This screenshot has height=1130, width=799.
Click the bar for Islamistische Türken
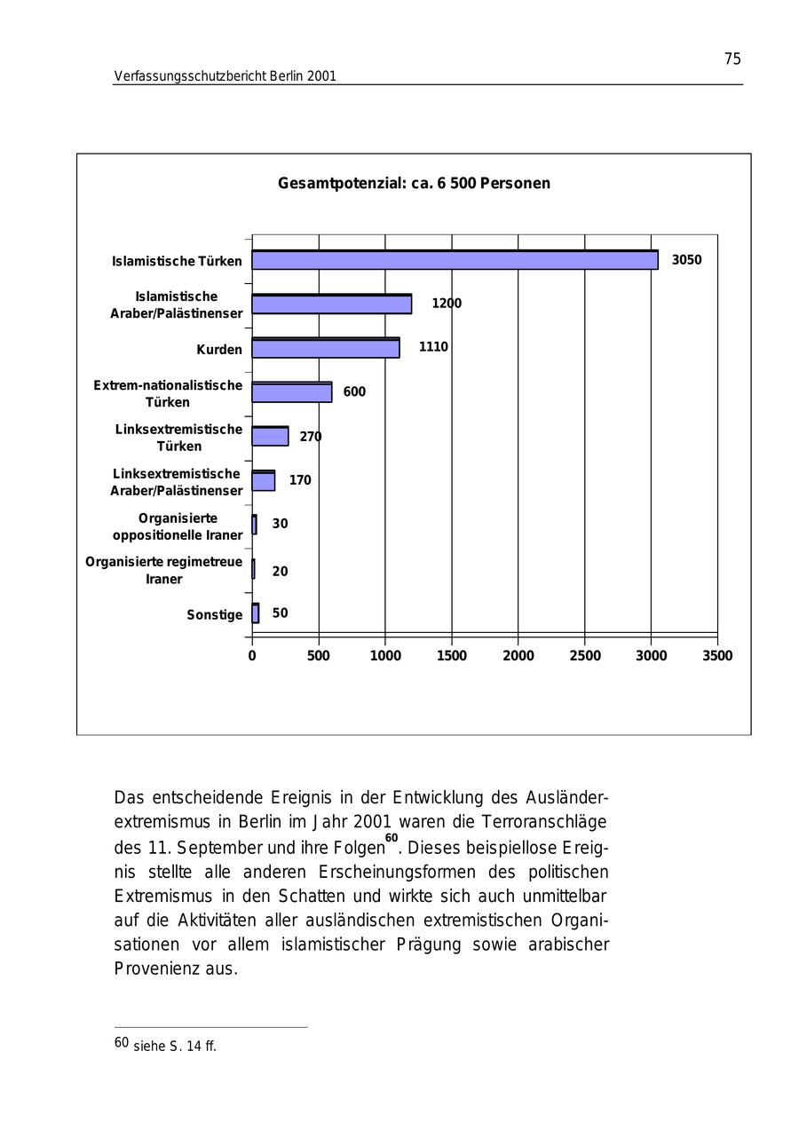tap(455, 260)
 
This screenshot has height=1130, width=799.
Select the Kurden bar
tap(325, 348)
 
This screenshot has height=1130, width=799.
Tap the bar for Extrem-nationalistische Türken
tap(291, 392)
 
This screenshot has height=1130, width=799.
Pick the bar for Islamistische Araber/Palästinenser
tap(331, 304)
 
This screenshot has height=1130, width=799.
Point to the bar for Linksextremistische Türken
tap(270, 436)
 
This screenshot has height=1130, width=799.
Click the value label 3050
tap(686, 260)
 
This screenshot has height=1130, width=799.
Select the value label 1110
tap(433, 347)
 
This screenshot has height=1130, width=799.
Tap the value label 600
tap(354, 392)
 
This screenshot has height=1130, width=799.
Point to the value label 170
tap(300, 480)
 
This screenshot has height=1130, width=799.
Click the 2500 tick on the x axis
tap(584, 656)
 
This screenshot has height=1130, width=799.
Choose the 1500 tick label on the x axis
tap(452, 656)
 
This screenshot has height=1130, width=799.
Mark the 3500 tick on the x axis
tap(717, 656)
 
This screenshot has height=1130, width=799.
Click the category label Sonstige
tap(214, 615)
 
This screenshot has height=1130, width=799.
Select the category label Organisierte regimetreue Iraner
tap(163, 571)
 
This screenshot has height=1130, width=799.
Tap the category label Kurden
tap(219, 350)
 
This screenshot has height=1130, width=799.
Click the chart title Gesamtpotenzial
tap(414, 184)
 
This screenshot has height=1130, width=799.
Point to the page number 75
tap(732, 59)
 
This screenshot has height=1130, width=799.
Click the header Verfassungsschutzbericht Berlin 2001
tap(225, 76)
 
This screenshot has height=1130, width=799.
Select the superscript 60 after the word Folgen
tap(392, 837)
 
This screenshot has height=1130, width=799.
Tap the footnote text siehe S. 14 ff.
tap(174, 1047)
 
